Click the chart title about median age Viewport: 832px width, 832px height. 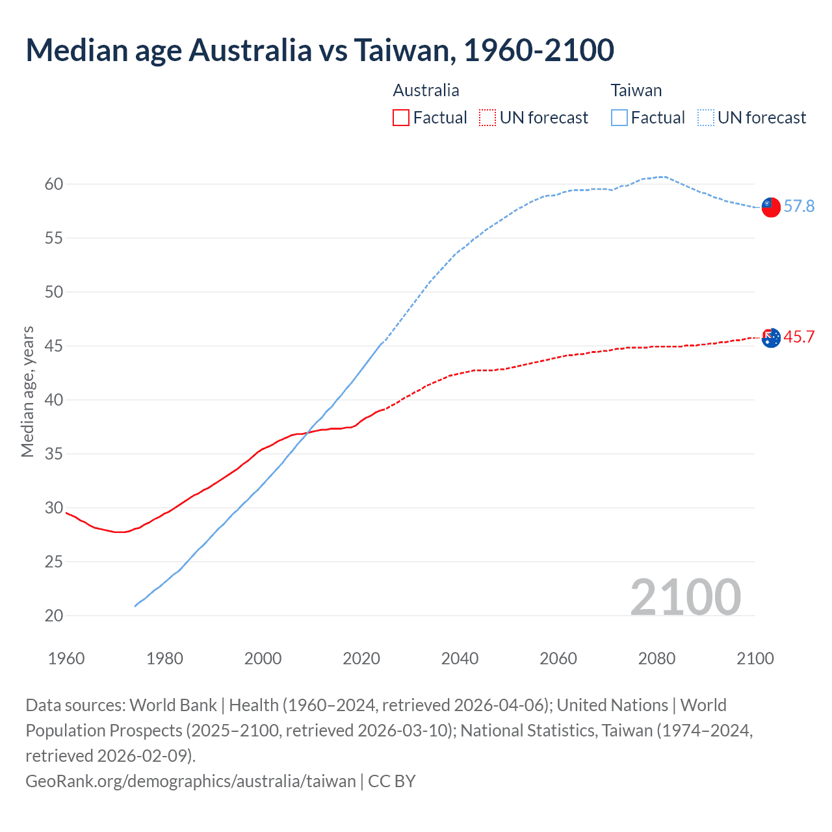pyautogui.click(x=320, y=50)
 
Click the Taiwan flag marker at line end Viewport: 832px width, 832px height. pyautogui.click(x=770, y=207)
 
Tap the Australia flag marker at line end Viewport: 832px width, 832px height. pyautogui.click(x=770, y=338)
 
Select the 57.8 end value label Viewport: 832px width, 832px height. pyautogui.click(x=799, y=206)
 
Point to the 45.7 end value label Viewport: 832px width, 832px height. pyautogui.click(x=799, y=337)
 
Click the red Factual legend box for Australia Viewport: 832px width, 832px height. pyautogui.click(x=401, y=118)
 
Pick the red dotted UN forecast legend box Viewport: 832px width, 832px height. pyautogui.click(x=487, y=118)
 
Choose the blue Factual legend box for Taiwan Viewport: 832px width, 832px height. pyautogui.click(x=619, y=118)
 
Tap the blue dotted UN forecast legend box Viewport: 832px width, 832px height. pyautogui.click(x=706, y=118)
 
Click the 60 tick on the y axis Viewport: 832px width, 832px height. pyautogui.click(x=54, y=184)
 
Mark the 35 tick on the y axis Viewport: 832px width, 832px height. pyautogui.click(x=54, y=454)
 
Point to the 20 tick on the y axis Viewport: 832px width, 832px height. pyautogui.click(x=54, y=616)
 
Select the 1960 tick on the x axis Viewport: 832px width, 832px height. pyautogui.click(x=66, y=658)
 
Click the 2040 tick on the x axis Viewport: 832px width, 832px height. pyautogui.click(x=460, y=658)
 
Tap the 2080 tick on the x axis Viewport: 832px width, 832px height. pyautogui.click(x=656, y=658)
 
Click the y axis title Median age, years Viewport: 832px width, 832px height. pyautogui.click(x=27, y=392)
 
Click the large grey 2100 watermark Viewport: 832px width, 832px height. pyautogui.click(x=686, y=597)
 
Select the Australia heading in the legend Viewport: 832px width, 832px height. pyautogui.click(x=426, y=90)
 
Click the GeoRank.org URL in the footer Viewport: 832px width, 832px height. pyautogui.click(x=190, y=781)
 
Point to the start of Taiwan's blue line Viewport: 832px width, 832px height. pyautogui.click(x=135, y=606)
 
